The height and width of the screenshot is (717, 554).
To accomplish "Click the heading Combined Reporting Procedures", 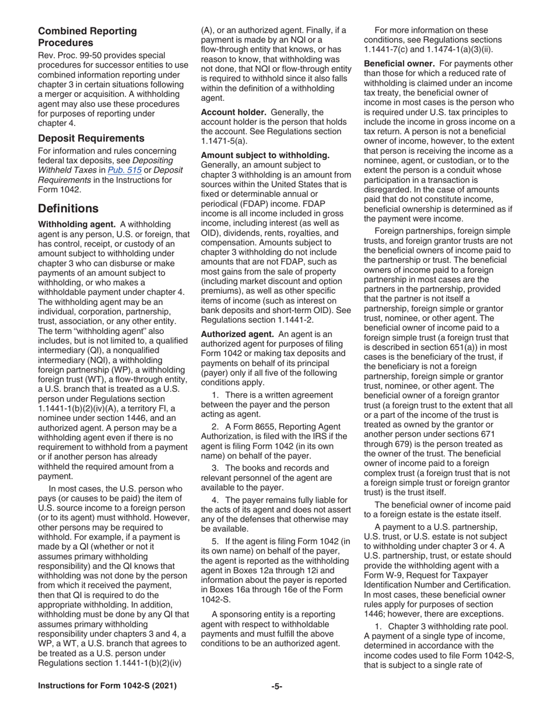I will (87, 37).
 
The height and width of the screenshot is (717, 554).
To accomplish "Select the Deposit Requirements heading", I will (91, 138).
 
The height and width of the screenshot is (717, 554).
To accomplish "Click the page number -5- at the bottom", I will (276, 686).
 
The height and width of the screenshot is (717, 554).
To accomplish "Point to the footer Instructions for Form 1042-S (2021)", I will (107, 686).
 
